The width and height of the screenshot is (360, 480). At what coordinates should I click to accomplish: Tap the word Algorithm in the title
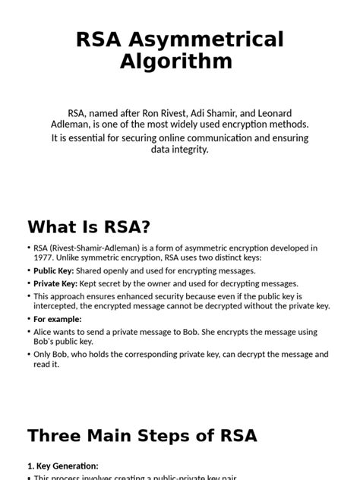pyautogui.click(x=176, y=62)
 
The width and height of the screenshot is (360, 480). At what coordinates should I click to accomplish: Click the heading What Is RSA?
pyautogui.click(x=88, y=226)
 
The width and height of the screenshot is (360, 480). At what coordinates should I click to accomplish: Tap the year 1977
pyautogui.click(x=46, y=257)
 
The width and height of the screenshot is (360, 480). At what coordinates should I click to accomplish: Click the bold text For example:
pyautogui.click(x=58, y=319)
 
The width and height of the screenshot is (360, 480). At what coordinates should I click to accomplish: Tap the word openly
pyautogui.click(x=121, y=270)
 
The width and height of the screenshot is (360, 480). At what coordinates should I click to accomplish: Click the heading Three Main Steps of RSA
pyautogui.click(x=142, y=435)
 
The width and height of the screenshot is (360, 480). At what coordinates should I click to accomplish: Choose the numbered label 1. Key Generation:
pyautogui.click(x=63, y=466)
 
